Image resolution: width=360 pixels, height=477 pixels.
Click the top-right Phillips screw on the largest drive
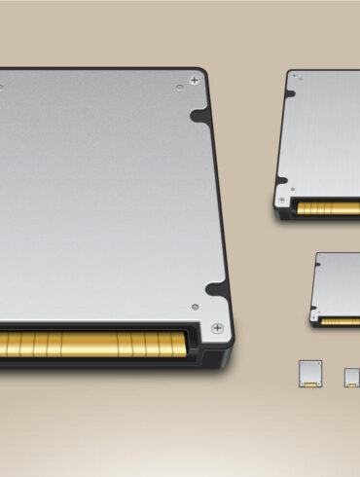click(197, 78)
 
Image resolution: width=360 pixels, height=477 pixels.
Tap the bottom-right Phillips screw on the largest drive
click(216, 327)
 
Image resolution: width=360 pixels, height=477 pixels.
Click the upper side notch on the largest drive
click(201, 116)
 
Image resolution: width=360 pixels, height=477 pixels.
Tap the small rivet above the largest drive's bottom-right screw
click(195, 307)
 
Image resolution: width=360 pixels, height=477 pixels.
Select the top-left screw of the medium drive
click(291, 78)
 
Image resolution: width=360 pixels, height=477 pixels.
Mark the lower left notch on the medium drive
click(283, 180)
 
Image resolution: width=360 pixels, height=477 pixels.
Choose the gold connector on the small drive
click(341, 320)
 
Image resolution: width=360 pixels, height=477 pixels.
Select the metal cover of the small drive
click(340, 282)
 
